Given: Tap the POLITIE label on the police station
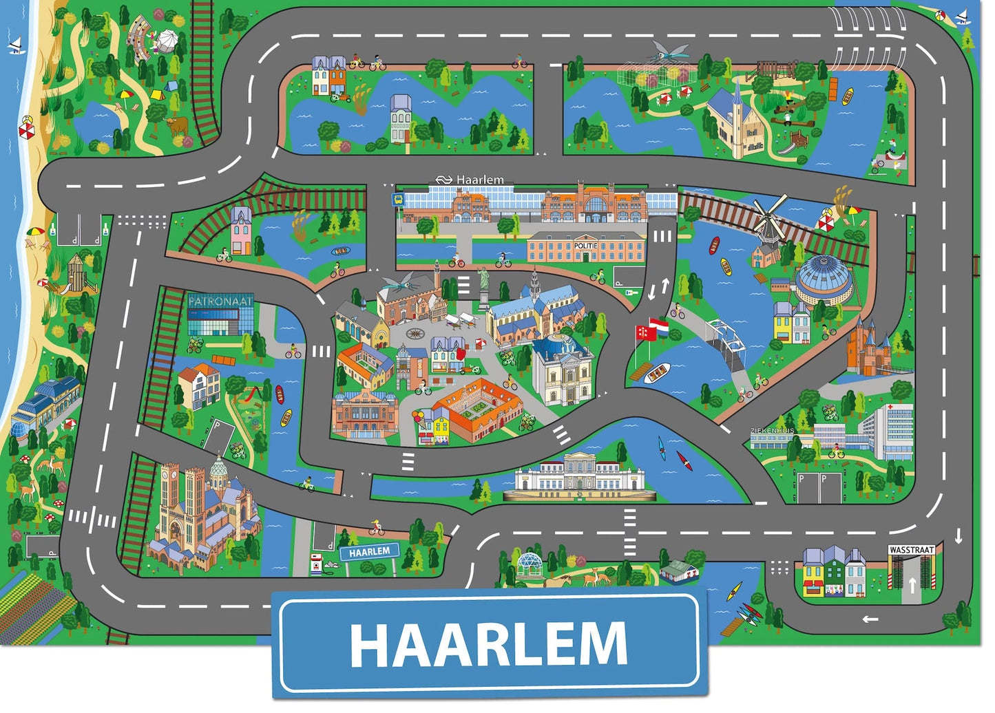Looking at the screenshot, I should click(x=585, y=246).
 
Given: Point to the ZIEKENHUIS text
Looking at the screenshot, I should click(x=772, y=431).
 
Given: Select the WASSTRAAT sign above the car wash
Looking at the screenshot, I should click(x=910, y=550).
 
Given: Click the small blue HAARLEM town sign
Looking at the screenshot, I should click(x=369, y=552).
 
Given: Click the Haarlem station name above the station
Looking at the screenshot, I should click(x=479, y=180).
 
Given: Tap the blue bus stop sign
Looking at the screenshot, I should click(x=397, y=200).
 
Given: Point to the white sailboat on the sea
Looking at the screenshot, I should click(x=15, y=45).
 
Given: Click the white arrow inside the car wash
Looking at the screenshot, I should click(x=912, y=586).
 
